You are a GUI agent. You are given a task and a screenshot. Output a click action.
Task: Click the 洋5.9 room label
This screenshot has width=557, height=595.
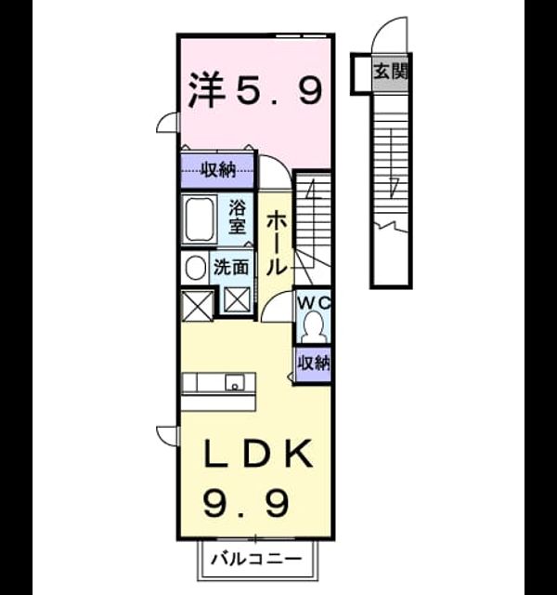[x=256, y=90]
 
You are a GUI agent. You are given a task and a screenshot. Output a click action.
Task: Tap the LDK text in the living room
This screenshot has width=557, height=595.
[x=258, y=454]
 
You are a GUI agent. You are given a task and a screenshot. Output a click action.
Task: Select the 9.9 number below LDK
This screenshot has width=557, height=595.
[x=246, y=504]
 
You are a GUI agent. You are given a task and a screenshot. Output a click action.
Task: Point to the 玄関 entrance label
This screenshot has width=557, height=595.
[x=391, y=73]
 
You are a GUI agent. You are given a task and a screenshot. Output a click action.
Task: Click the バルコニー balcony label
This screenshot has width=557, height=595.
[x=256, y=559]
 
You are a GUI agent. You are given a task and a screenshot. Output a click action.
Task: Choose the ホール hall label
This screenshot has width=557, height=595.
[x=277, y=244]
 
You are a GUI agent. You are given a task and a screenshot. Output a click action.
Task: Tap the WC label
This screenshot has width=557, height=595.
[x=314, y=303]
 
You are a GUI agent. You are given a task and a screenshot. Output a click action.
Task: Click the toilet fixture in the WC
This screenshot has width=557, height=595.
[x=314, y=326]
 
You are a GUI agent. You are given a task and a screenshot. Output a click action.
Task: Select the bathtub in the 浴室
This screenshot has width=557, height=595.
[x=199, y=219]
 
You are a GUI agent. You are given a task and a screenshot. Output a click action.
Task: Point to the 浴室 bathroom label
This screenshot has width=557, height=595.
[x=238, y=217]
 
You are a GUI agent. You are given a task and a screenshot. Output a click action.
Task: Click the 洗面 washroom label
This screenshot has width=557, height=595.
[x=231, y=268]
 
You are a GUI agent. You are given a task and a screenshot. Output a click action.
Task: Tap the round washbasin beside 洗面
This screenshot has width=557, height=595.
[x=195, y=268]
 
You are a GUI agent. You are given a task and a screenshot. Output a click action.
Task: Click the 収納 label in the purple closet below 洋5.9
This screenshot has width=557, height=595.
[x=218, y=171]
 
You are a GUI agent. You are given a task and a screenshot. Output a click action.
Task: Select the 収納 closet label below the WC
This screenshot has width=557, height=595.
[x=314, y=364]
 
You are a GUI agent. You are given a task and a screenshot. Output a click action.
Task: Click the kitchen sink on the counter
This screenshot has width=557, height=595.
[x=235, y=382]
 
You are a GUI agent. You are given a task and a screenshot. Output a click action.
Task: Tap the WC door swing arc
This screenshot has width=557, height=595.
[x=274, y=299]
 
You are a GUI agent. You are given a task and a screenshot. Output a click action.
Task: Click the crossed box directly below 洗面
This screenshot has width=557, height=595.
[x=237, y=299]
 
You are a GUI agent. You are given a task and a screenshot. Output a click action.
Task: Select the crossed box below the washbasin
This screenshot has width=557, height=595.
[x=197, y=306]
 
